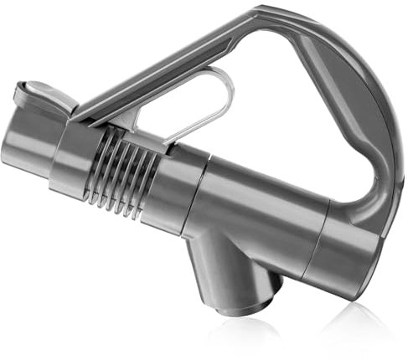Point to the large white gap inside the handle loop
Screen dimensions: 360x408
[285, 126]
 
